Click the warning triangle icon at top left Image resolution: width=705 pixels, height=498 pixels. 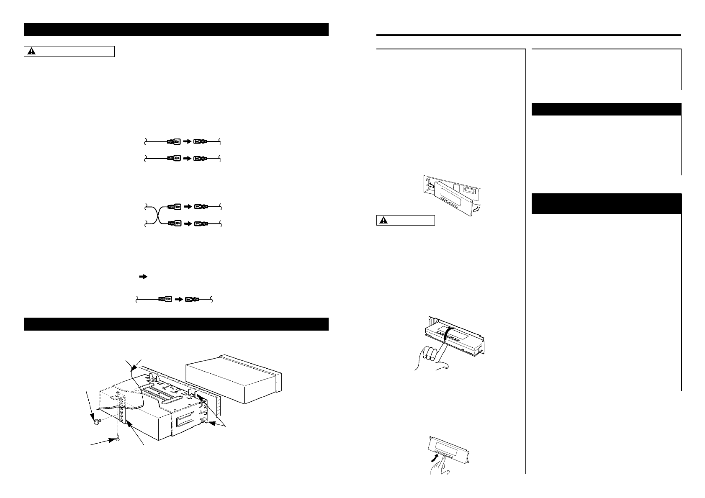pos(32,51)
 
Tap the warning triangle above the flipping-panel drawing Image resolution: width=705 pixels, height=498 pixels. pos(384,221)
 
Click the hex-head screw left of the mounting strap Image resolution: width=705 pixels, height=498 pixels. pos(97,421)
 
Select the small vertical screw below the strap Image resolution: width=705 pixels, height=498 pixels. pos(118,439)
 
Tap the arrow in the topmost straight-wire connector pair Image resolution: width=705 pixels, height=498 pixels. pos(188,142)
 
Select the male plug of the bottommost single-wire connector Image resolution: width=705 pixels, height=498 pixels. pos(164,299)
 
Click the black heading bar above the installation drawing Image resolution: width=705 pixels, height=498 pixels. pos(176,324)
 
